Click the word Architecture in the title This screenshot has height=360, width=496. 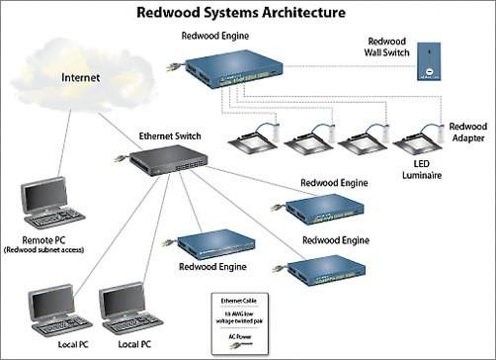298,13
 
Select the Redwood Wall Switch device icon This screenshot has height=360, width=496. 430,61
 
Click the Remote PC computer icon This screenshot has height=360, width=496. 50,204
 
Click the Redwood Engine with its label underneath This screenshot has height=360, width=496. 215,243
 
